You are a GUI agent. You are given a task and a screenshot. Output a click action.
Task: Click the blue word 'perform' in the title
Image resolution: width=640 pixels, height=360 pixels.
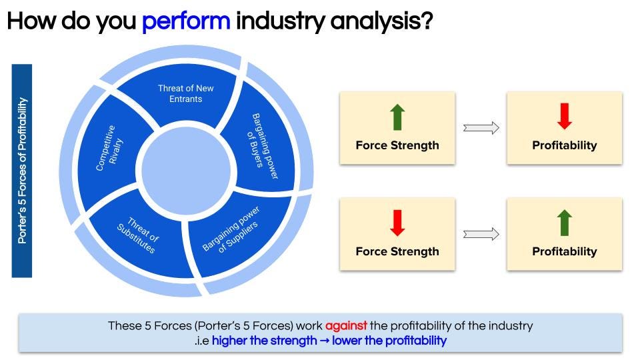click(x=186, y=21)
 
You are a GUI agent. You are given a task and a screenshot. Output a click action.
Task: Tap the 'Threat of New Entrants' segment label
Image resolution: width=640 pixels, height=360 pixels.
click(x=186, y=93)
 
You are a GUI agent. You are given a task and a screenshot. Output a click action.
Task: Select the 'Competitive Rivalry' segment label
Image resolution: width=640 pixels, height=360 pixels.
click(x=109, y=148)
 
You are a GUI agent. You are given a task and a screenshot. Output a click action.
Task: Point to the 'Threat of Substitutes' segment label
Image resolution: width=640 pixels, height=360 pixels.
click(x=138, y=235)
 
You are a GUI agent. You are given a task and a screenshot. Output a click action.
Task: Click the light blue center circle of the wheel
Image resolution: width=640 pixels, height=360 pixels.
click(x=186, y=171)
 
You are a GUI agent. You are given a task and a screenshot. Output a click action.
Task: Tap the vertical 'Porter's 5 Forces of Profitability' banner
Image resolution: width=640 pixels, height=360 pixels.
click(x=21, y=171)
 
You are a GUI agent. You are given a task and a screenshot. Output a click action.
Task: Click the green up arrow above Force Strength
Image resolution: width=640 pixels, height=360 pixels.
click(x=397, y=117)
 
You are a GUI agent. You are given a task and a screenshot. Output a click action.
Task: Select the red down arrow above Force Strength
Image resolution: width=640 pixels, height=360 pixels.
click(x=397, y=223)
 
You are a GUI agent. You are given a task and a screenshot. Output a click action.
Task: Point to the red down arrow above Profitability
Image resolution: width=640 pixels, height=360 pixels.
click(x=565, y=116)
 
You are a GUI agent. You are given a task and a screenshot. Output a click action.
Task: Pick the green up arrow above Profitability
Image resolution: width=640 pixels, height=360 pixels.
click(x=565, y=223)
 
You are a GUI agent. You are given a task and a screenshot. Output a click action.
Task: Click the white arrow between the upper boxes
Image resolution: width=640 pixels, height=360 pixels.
click(x=481, y=128)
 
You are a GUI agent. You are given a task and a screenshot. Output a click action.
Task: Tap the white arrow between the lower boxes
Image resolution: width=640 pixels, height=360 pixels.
click(x=481, y=234)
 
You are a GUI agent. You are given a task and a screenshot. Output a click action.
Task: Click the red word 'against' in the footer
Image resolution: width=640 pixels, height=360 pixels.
click(x=346, y=326)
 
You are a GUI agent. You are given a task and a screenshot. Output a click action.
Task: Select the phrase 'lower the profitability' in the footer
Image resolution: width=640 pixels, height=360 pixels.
click(x=389, y=341)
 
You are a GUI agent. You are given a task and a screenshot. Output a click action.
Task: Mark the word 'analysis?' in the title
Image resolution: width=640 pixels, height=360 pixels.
click(x=381, y=21)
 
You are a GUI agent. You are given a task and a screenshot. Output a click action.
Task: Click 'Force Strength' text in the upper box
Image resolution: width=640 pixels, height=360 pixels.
click(x=397, y=145)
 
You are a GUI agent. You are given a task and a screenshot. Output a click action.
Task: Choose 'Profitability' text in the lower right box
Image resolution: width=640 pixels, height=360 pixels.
click(x=565, y=251)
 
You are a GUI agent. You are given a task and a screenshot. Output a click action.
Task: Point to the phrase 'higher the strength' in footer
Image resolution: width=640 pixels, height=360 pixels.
click(x=265, y=341)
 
